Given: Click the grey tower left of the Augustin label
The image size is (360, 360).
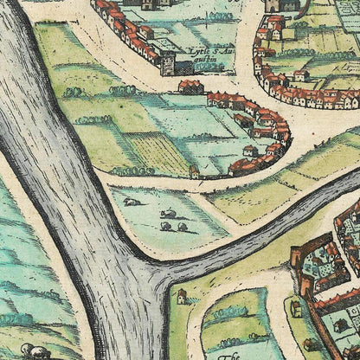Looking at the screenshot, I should (167, 62).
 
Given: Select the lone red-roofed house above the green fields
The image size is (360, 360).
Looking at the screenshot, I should (190, 87).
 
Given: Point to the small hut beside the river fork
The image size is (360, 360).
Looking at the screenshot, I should (182, 297).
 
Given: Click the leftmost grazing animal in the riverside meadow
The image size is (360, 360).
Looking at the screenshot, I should (130, 202).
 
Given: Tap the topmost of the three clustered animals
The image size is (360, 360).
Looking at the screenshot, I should (170, 214).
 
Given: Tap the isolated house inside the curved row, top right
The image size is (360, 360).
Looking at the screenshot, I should (301, 75).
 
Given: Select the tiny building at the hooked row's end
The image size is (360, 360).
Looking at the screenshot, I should (195, 171).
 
